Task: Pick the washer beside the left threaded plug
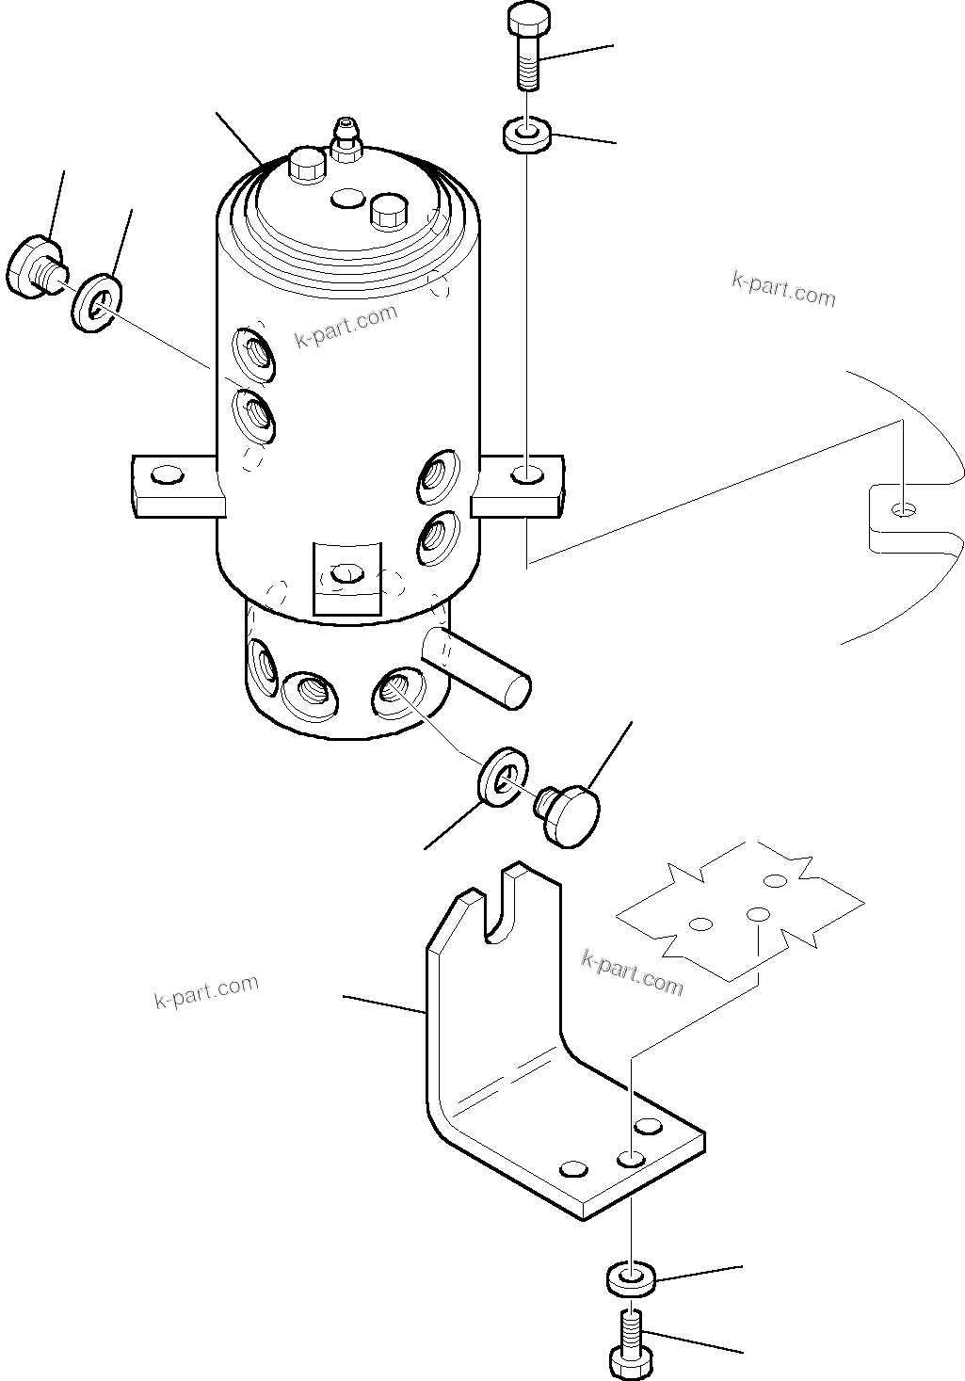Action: tap(95, 300)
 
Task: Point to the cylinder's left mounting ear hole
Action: tap(167, 474)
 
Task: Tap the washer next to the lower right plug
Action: tap(502, 778)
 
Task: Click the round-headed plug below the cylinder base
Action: tap(570, 817)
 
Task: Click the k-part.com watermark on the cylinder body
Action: tap(346, 326)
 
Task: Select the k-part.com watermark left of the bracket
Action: tap(206, 991)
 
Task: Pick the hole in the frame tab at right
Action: tap(904, 509)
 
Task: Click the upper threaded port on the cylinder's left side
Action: tap(255, 353)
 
